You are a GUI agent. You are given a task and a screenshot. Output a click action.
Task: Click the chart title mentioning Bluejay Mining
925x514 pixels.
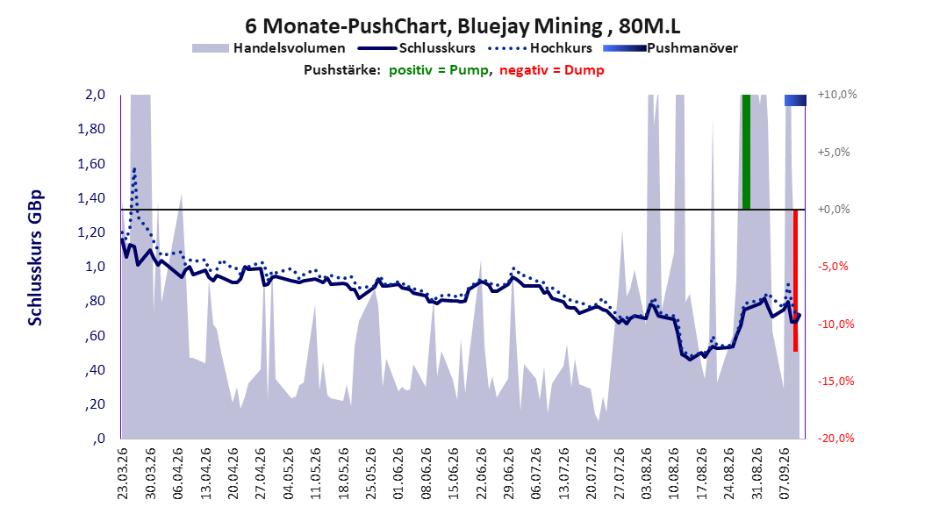click(462, 26)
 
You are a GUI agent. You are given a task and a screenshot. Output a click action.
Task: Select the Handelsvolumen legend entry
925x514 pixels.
click(269, 48)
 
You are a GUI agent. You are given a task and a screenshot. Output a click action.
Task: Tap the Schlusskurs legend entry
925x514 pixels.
click(417, 48)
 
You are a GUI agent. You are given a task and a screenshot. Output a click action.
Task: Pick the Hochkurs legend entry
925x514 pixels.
click(541, 48)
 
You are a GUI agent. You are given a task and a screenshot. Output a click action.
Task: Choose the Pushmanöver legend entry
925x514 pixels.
click(670, 48)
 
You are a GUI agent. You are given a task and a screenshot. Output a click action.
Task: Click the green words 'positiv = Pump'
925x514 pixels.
click(439, 70)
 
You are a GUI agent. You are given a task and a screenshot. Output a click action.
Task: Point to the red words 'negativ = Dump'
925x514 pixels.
click(552, 70)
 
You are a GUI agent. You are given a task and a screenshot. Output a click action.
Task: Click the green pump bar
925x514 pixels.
click(746, 152)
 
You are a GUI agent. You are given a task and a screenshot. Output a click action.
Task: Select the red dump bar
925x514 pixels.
click(795, 281)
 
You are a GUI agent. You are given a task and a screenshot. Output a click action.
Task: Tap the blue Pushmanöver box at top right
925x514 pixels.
click(795, 100)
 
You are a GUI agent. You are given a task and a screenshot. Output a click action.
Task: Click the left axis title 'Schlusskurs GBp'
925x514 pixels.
click(35, 258)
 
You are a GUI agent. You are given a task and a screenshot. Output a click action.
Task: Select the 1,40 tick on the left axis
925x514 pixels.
click(91, 198)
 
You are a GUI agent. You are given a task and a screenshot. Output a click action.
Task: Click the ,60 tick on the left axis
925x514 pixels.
click(95, 336)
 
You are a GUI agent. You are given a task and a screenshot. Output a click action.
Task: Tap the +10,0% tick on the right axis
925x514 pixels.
click(837, 95)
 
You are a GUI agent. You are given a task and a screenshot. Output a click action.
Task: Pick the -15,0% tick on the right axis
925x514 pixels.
click(835, 382)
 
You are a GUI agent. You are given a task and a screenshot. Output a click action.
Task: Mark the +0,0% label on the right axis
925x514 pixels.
click(834, 210)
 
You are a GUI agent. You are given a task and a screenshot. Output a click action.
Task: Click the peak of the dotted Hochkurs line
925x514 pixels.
click(134, 169)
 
